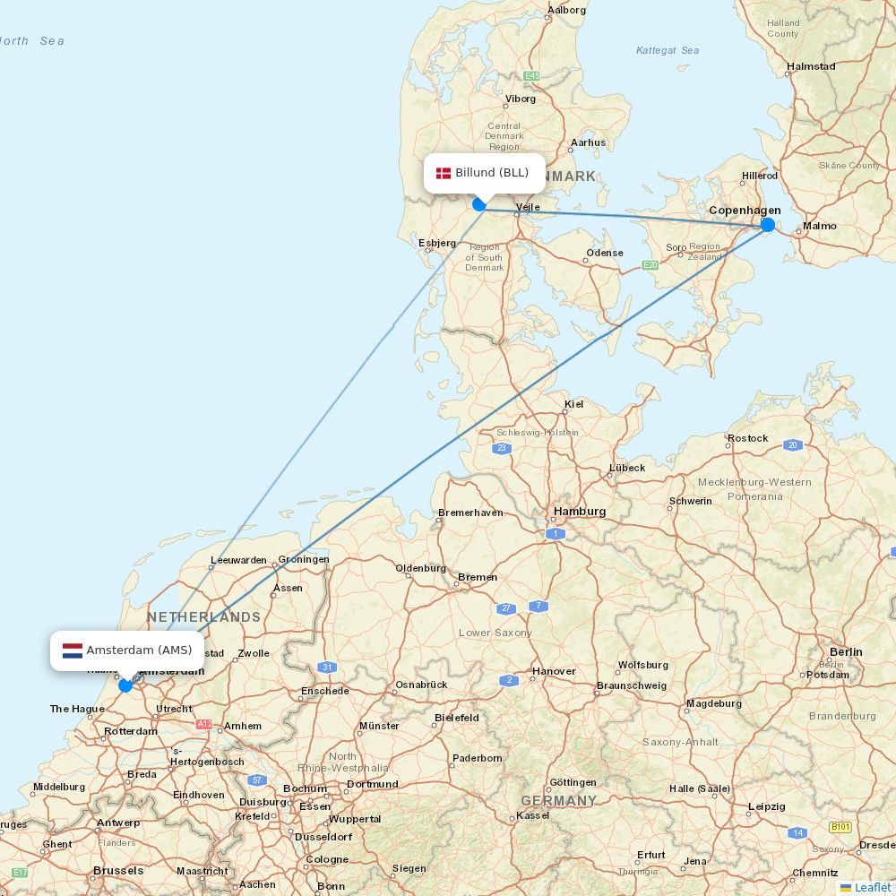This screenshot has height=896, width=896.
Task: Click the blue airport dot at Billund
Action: (x=479, y=204)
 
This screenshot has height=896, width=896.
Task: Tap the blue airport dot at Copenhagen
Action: (x=768, y=225)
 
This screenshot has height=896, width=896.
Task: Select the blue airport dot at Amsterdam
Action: (x=125, y=685)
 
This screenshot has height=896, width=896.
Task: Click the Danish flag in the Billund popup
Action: (x=444, y=173)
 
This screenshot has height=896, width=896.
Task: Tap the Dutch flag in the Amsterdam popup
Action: (x=73, y=650)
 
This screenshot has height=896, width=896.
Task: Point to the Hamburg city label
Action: (x=580, y=512)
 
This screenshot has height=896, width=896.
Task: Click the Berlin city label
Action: (x=846, y=652)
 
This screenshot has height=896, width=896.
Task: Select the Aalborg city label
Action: (x=566, y=11)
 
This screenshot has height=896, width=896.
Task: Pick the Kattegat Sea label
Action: (x=668, y=50)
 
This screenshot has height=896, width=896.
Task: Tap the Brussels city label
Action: (x=118, y=871)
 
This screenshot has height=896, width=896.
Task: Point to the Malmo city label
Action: (x=820, y=226)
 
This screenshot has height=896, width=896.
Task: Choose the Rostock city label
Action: (x=748, y=438)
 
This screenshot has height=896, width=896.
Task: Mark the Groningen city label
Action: (x=304, y=559)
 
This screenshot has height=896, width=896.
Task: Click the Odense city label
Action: (x=605, y=253)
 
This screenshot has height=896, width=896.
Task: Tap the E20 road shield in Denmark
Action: (x=650, y=265)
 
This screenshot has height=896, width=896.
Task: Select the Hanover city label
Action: (x=555, y=671)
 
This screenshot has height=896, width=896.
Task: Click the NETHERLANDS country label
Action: (x=204, y=617)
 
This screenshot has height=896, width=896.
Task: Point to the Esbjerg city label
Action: (x=437, y=243)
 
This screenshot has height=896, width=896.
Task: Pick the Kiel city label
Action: (x=574, y=404)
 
